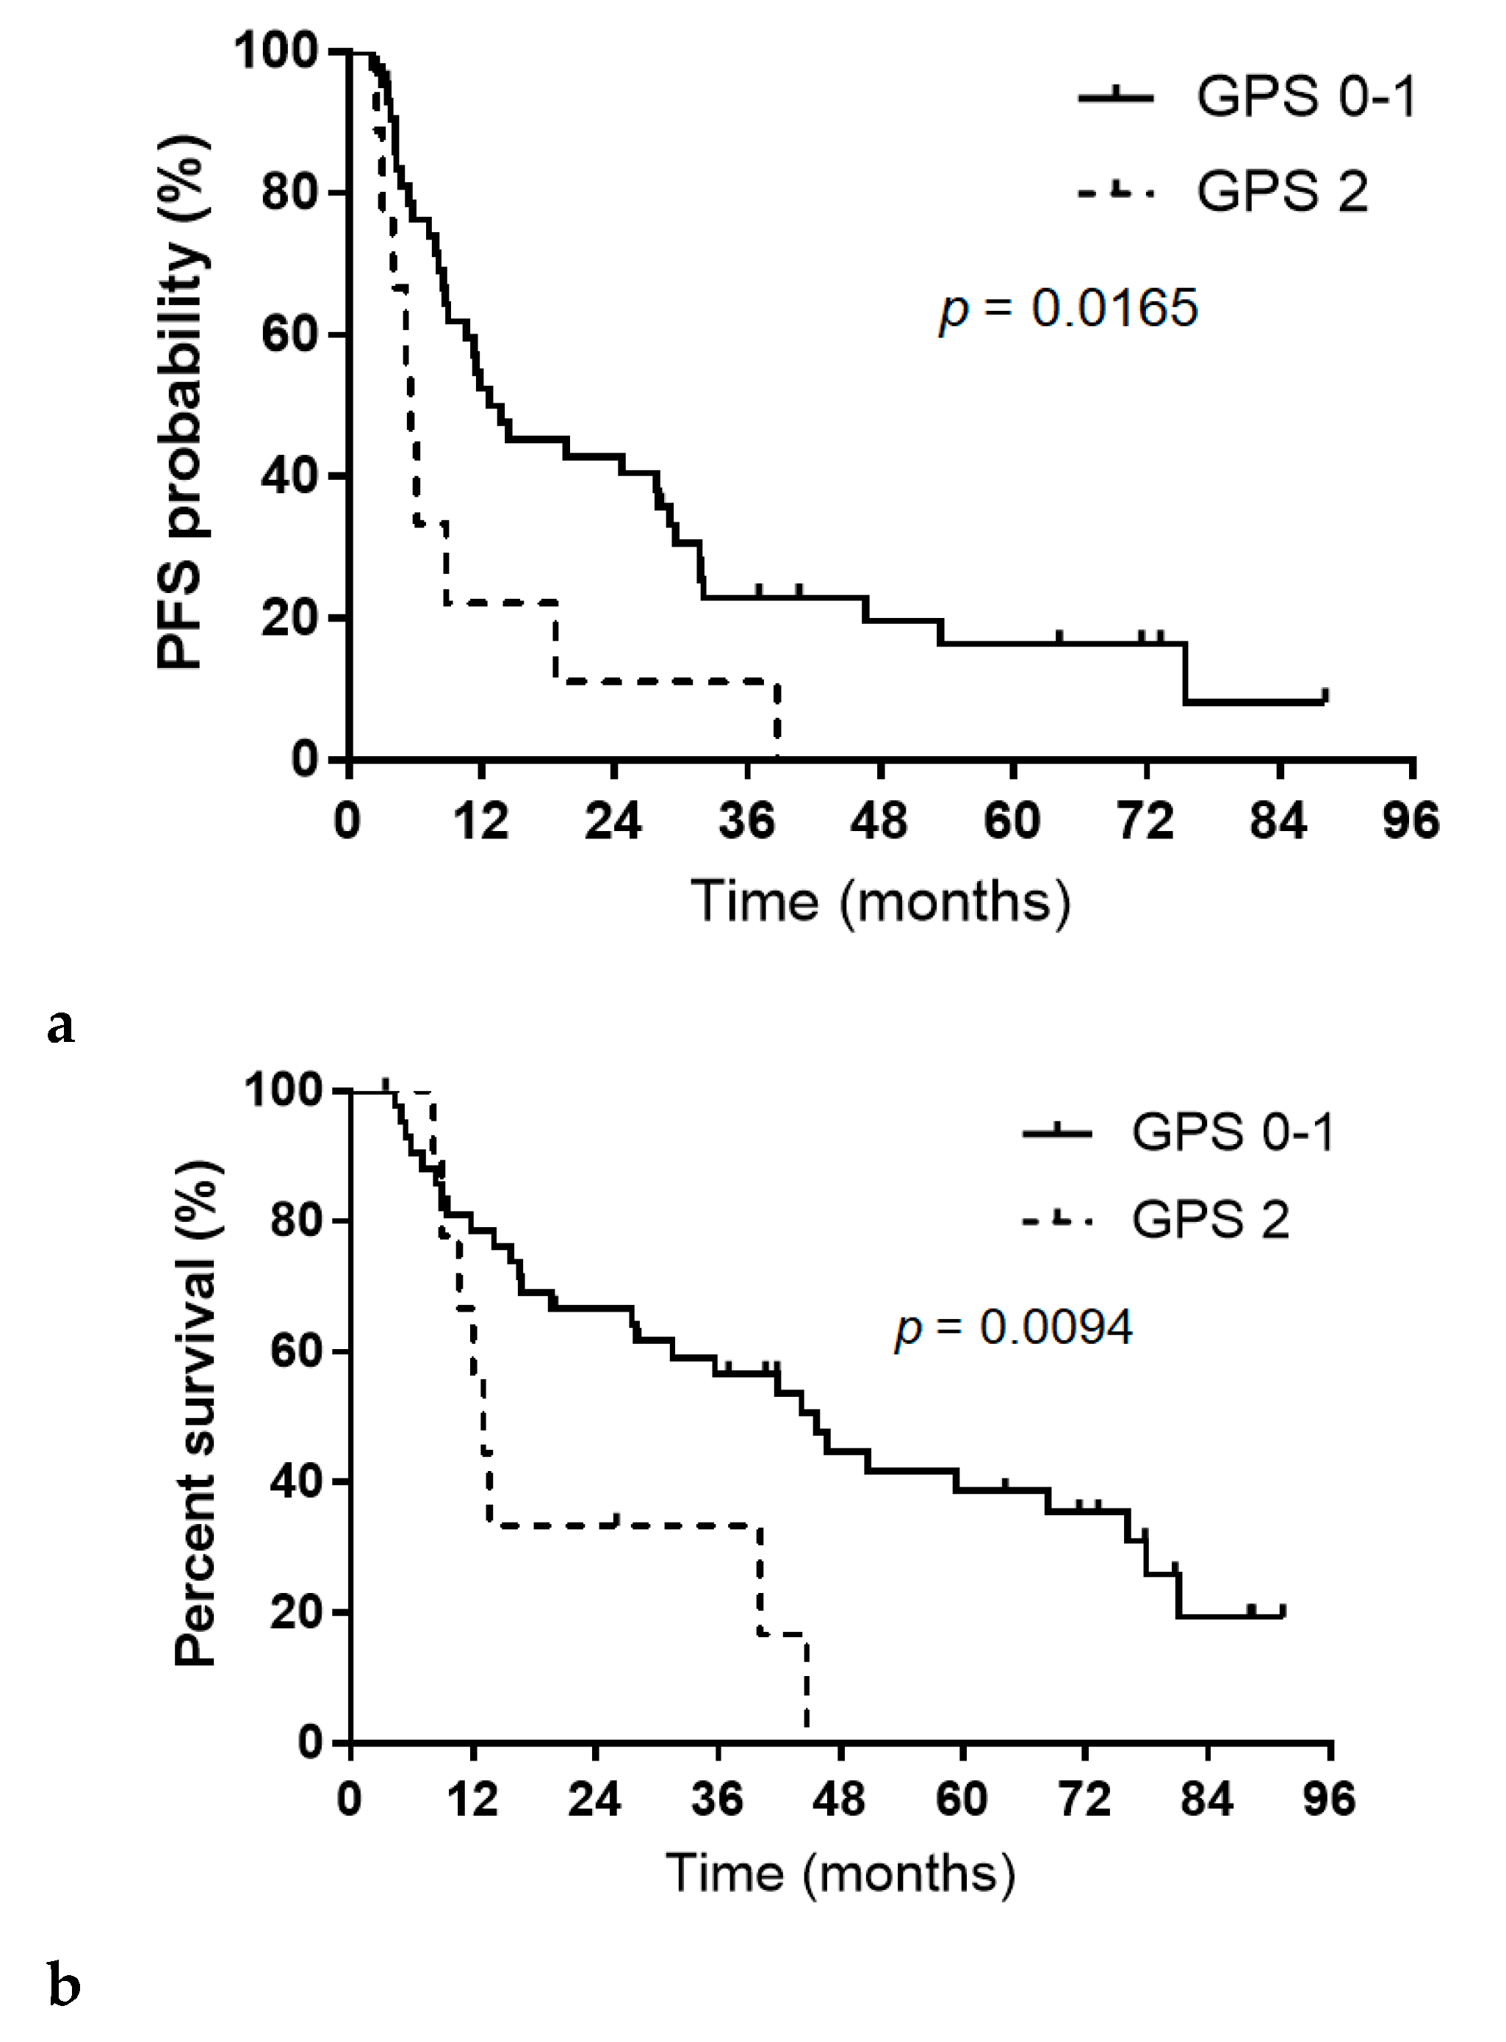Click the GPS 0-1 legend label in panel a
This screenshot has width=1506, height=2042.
(x=1306, y=98)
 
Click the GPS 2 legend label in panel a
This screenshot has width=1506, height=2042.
(x=1283, y=193)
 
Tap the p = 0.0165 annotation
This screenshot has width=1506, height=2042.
(x=1068, y=309)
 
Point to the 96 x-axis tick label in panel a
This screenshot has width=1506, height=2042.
(x=1412, y=822)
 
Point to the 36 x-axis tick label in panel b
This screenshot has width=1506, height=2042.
(x=718, y=1800)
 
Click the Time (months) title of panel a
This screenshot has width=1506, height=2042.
(x=881, y=902)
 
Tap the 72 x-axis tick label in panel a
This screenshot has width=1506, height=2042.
(x=1146, y=822)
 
